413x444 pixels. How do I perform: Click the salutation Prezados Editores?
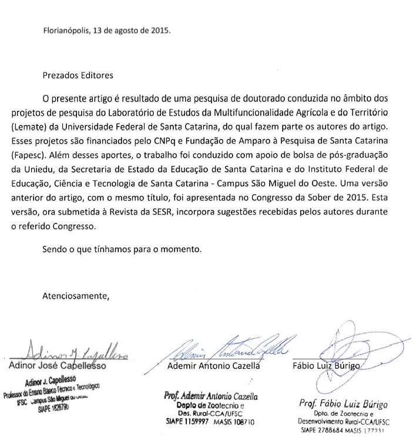click(x=78, y=75)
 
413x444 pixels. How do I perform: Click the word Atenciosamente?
click(x=76, y=295)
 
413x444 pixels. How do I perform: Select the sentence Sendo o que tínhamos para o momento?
click(x=122, y=249)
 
